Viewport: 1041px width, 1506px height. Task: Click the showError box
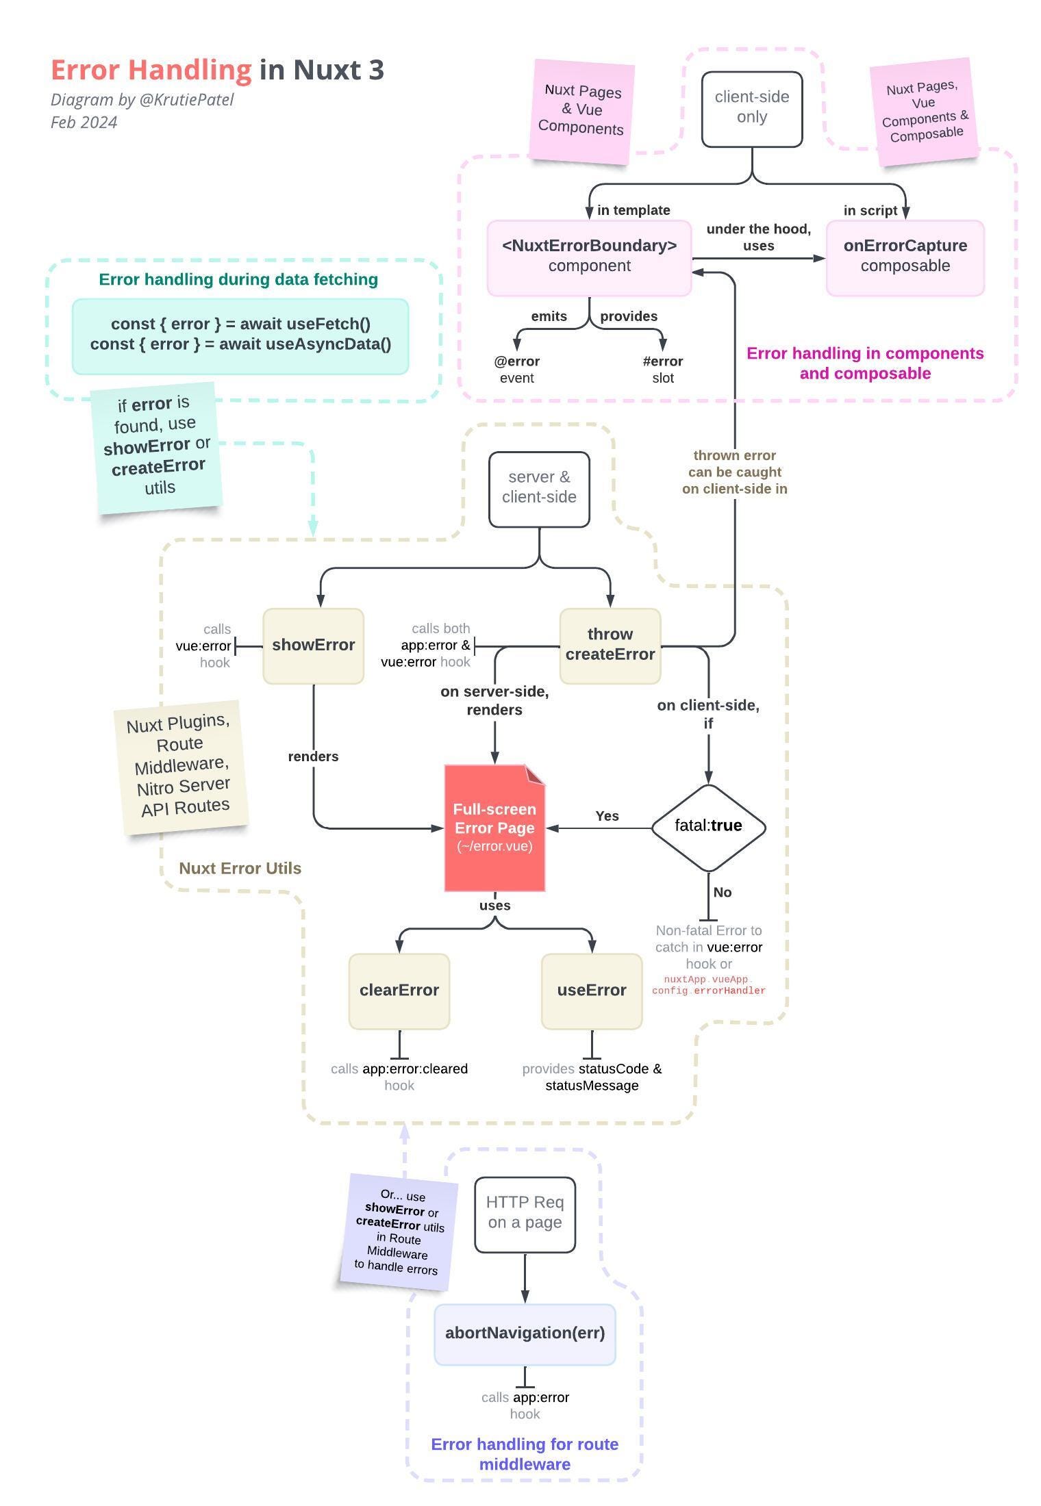click(313, 646)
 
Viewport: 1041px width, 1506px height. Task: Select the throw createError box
click(610, 646)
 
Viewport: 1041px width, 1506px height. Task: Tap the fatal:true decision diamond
click(708, 827)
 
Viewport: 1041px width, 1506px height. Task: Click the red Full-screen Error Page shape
click(494, 828)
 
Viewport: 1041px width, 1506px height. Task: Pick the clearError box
click(399, 991)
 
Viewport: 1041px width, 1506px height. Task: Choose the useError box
click(592, 991)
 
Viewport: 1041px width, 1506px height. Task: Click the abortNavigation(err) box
click(525, 1333)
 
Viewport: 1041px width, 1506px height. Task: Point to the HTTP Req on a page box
click(525, 1214)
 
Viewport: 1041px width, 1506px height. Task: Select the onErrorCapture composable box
click(905, 257)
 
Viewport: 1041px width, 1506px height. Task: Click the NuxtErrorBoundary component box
click(589, 257)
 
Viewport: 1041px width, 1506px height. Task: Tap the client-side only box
click(752, 108)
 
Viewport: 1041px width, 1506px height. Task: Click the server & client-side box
click(539, 488)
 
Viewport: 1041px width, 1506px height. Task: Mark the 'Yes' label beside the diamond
click(607, 816)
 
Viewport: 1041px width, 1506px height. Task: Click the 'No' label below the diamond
click(722, 892)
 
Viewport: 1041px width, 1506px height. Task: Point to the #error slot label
click(662, 370)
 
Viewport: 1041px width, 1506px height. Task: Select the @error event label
click(516, 370)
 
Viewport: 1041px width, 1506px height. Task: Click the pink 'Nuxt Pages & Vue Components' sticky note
click(581, 111)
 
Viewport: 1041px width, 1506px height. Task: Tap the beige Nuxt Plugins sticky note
click(181, 767)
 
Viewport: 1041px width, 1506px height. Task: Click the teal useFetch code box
click(240, 335)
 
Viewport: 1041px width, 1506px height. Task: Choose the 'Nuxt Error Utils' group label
click(240, 868)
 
